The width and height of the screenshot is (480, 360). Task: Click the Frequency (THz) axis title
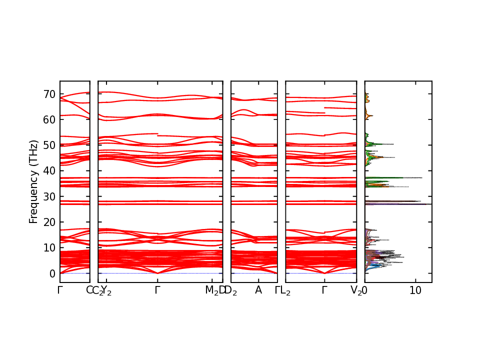33,181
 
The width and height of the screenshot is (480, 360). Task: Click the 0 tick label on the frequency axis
51,273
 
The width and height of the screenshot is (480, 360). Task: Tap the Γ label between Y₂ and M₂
157,290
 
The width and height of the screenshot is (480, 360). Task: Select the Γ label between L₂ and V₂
324,290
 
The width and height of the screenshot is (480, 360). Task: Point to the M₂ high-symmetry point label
212,290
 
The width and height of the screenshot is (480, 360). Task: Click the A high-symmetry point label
258,290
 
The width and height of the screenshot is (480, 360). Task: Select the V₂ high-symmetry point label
356,290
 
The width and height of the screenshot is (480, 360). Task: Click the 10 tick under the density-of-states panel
415,290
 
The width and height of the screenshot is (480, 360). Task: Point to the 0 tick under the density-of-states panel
365,290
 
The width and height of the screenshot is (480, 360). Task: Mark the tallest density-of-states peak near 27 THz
430,204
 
